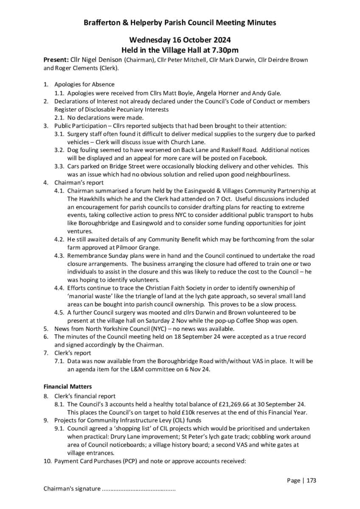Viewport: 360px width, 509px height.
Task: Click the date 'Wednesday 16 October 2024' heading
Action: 180,40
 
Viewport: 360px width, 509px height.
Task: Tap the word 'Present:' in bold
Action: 56,60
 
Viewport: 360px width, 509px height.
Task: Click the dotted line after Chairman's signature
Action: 139,489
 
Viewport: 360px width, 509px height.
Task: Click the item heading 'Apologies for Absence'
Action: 84,84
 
